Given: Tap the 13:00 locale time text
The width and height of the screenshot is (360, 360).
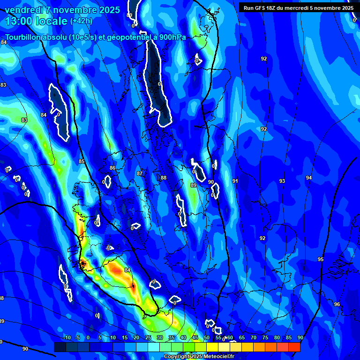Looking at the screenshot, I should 36,21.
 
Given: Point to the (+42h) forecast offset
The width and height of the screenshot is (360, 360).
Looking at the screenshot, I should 81,21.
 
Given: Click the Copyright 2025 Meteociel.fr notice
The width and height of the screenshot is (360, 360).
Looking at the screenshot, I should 199,357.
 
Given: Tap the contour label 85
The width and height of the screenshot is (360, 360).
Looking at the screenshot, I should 82,162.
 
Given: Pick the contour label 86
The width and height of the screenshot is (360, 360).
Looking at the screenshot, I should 112,168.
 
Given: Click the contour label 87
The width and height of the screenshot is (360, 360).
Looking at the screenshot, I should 140,173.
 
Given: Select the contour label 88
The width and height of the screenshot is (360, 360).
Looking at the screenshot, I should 164,178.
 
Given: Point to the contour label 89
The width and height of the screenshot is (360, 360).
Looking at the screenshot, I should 194,186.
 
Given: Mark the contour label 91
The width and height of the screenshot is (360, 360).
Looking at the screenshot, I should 235,181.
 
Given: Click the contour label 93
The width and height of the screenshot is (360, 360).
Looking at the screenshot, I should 282,181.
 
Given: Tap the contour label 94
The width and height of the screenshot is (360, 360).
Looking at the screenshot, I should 308,178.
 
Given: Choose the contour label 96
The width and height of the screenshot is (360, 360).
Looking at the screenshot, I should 337,304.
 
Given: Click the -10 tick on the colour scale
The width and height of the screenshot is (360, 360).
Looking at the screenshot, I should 67,337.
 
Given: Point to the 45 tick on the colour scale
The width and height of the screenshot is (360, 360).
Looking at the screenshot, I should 195,337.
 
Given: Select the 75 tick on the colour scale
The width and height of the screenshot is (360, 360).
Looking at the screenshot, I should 265,337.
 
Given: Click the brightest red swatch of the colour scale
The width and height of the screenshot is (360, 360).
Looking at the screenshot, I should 294,347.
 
